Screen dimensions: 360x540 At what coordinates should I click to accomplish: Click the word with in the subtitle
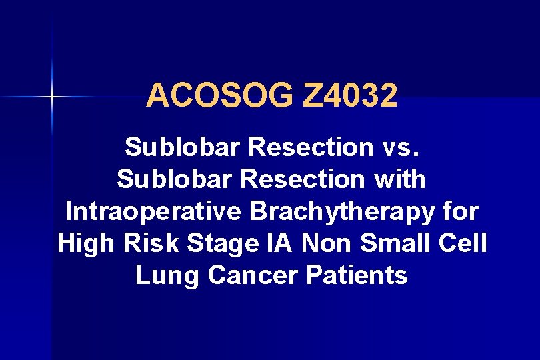pyautogui.click(x=402, y=179)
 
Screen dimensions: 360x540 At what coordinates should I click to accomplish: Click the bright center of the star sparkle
pyautogui.click(x=51, y=98)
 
